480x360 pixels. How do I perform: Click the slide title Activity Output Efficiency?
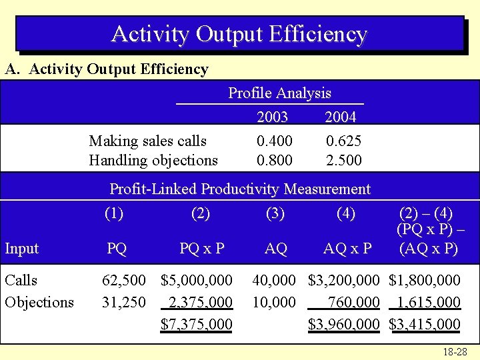[239, 33]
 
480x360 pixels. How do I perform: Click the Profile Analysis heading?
[279, 93]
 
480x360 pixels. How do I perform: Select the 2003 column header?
[272, 117]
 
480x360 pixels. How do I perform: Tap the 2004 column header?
[340, 117]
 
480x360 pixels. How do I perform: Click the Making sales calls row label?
[148, 141]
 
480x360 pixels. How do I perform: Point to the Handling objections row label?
[153, 161]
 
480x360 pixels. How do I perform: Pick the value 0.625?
[343, 141]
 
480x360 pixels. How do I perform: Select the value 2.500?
[343, 161]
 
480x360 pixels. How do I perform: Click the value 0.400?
[274, 141]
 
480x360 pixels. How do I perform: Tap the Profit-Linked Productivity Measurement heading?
[239, 189]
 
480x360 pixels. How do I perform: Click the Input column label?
[22, 249]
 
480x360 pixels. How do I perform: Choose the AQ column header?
[275, 249]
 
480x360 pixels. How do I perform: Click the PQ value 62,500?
[123, 281]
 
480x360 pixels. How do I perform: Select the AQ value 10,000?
[273, 303]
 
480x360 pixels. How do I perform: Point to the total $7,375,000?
[197, 325]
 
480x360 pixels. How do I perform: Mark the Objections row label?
[39, 303]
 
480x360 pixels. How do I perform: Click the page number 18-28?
[455, 351]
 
